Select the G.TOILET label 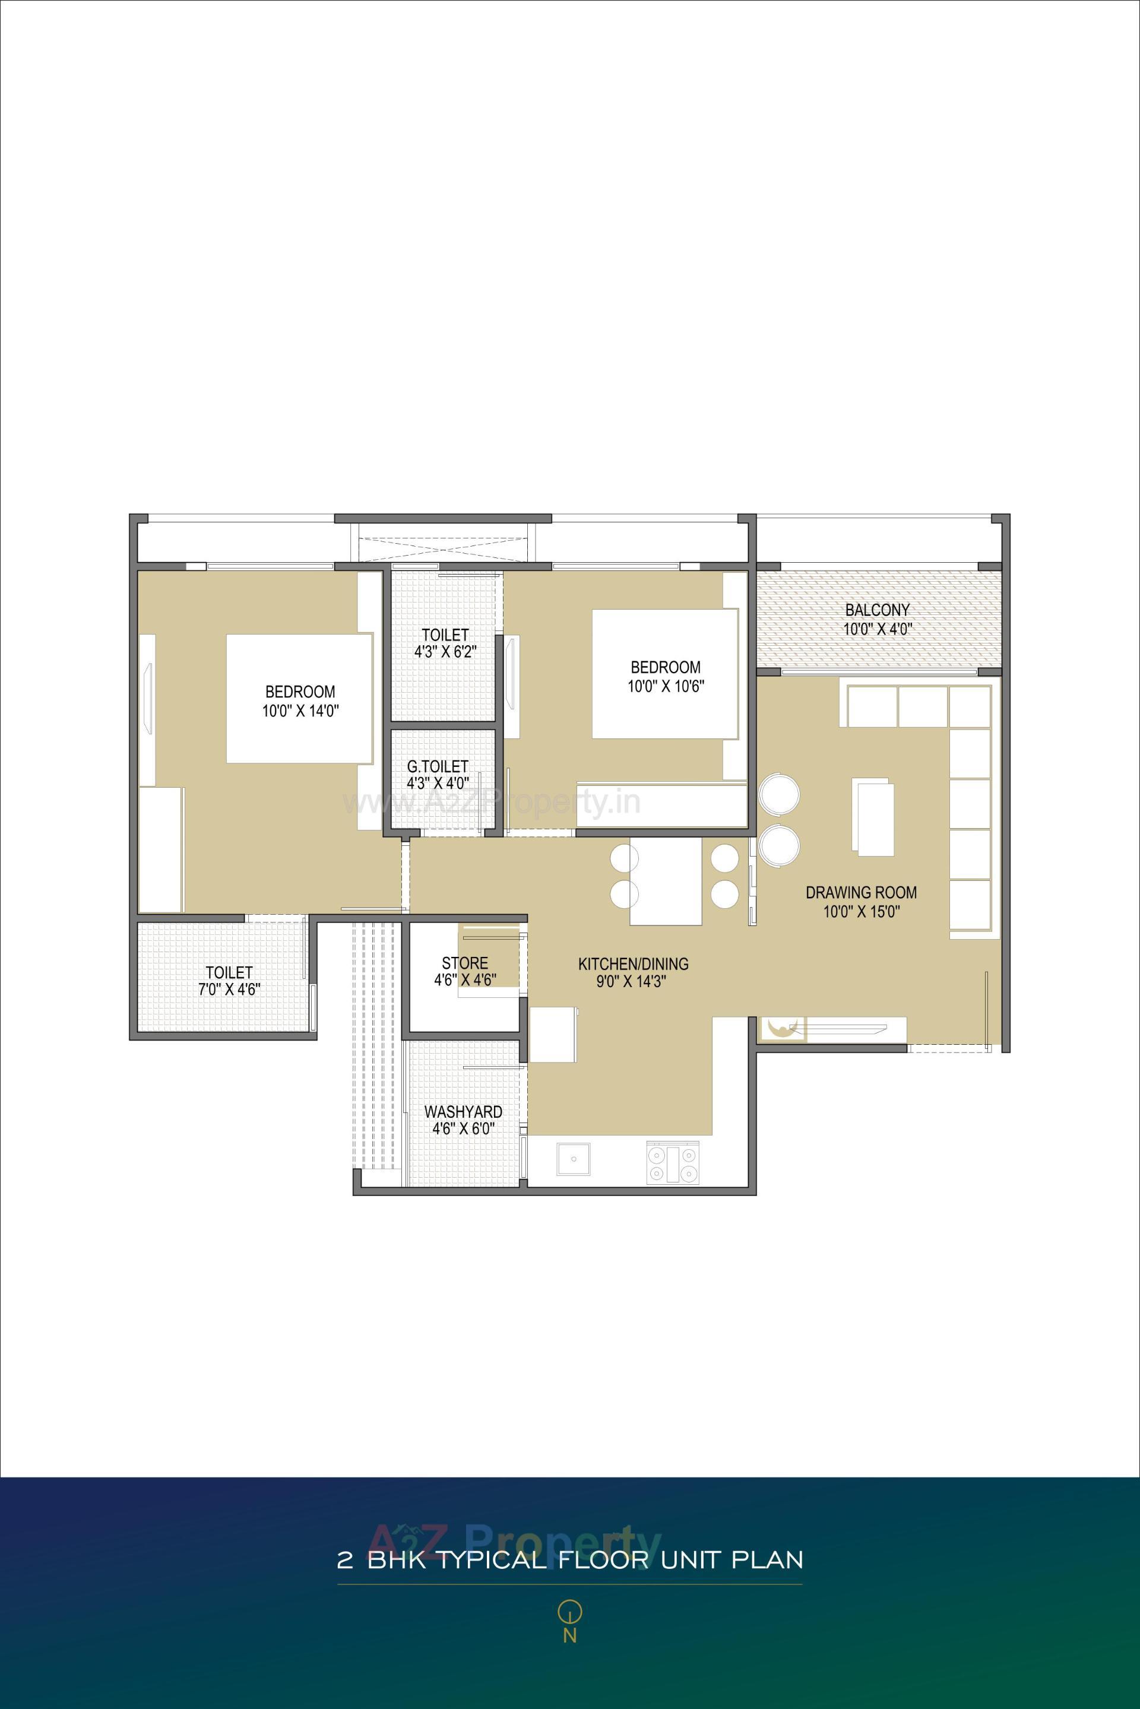click(x=437, y=766)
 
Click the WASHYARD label click(x=463, y=1111)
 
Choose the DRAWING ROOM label click(x=861, y=892)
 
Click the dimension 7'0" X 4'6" click(x=229, y=988)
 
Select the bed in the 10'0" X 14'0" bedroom click(x=299, y=698)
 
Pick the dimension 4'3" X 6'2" click(x=444, y=652)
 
